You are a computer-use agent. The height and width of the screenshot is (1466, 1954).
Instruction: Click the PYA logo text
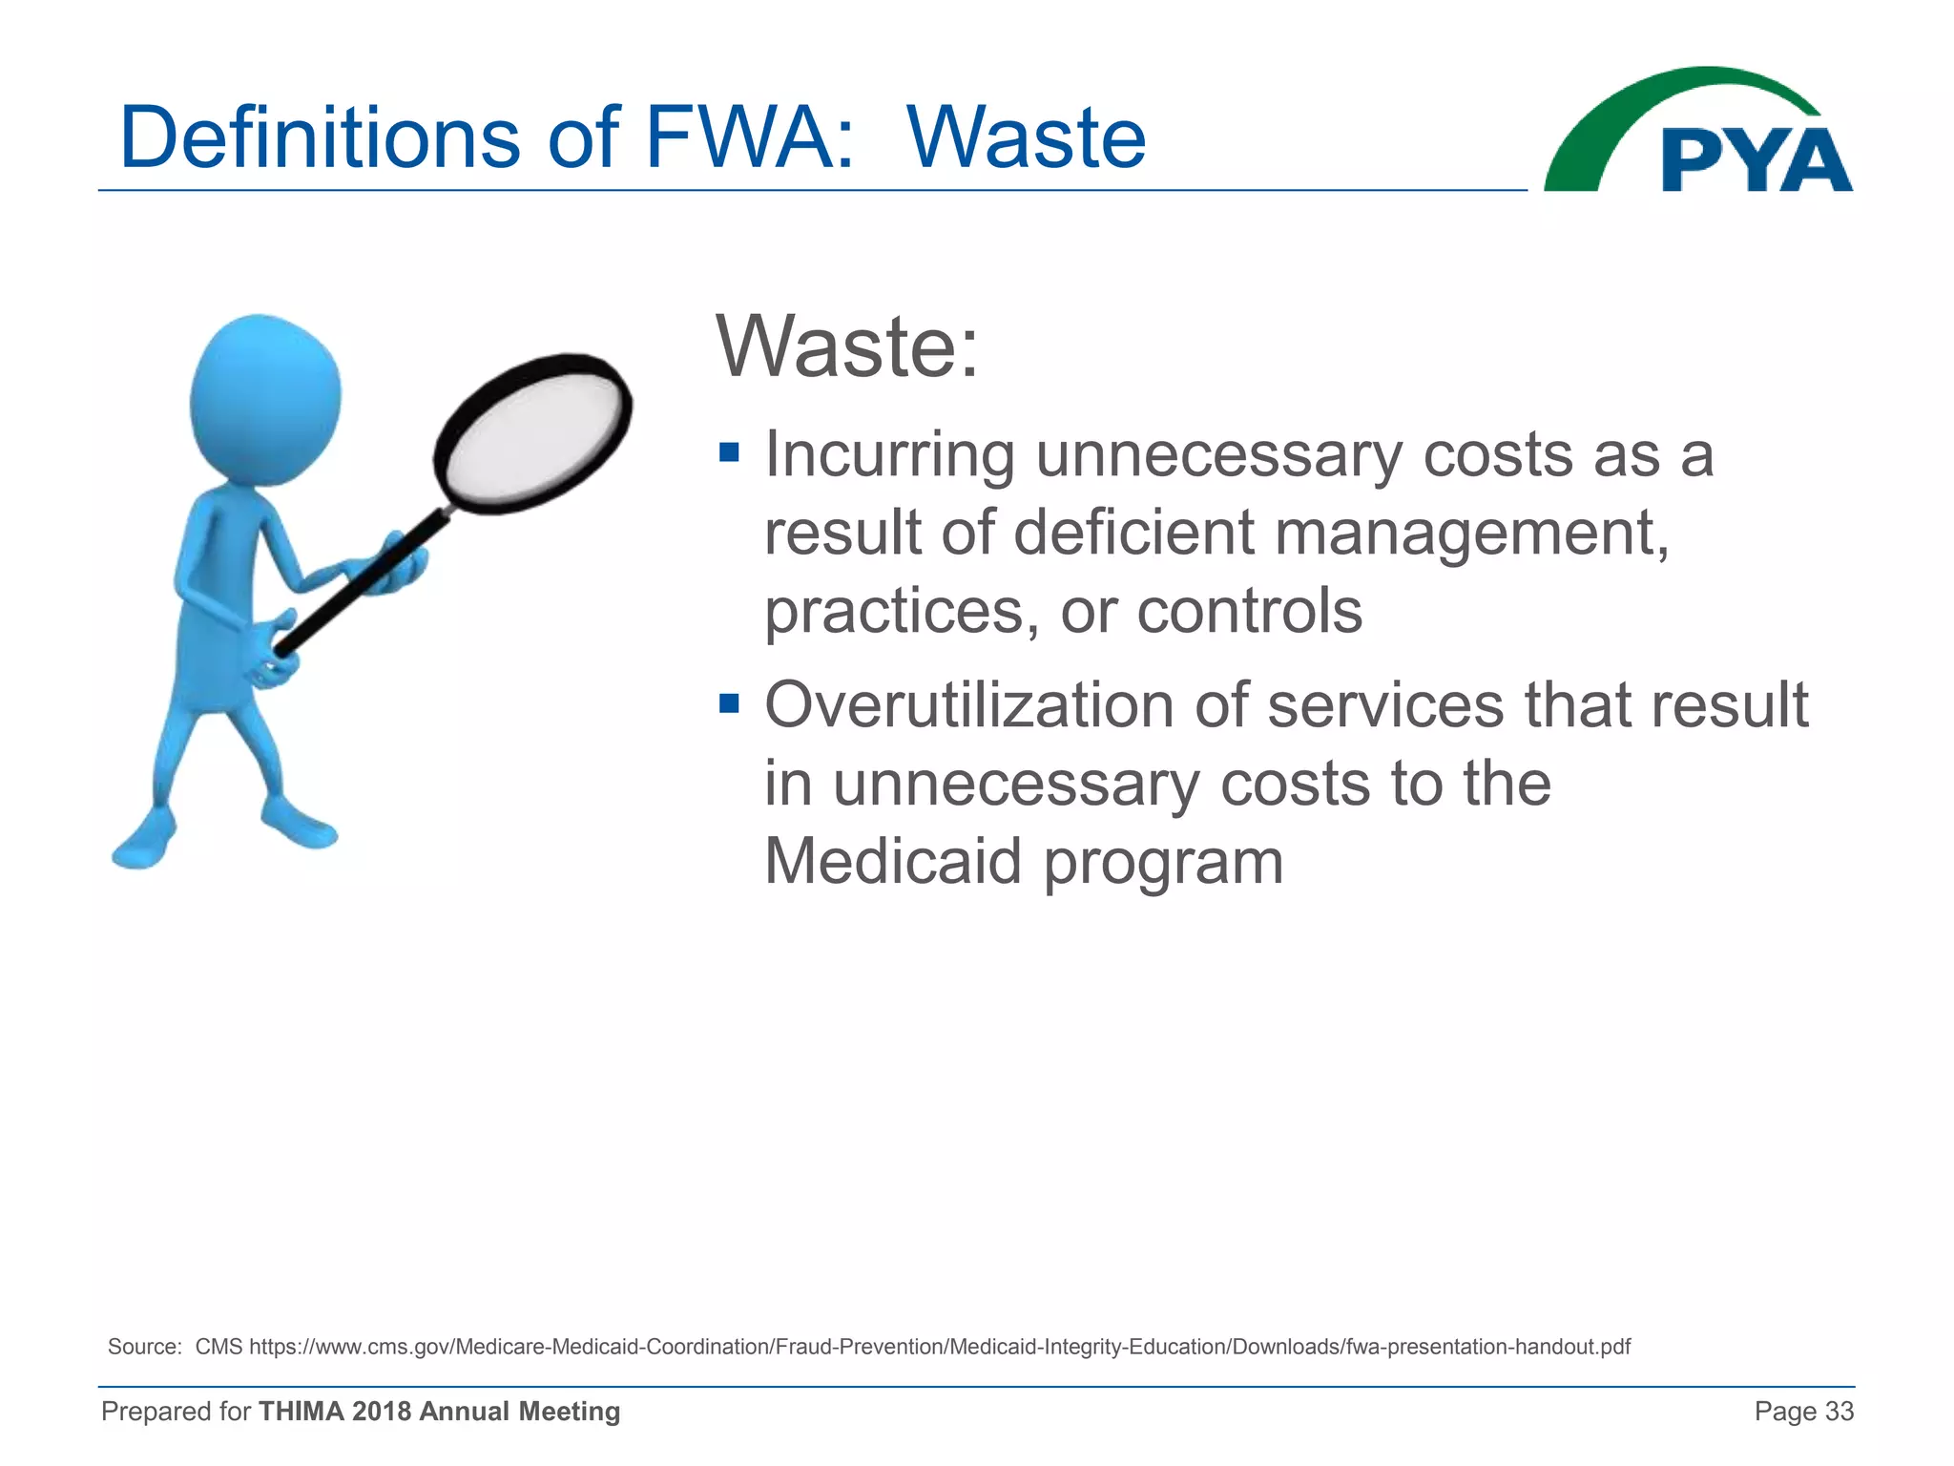1756,161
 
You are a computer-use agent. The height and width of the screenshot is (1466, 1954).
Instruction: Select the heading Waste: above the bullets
847,346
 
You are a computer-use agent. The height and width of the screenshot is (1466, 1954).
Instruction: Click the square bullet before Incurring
729,451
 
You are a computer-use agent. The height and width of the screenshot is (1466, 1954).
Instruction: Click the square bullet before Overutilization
729,703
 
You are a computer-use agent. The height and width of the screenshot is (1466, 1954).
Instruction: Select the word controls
1249,611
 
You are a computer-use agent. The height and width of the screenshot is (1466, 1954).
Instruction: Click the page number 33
1839,1412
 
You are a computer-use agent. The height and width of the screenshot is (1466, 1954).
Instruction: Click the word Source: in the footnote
144,1347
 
